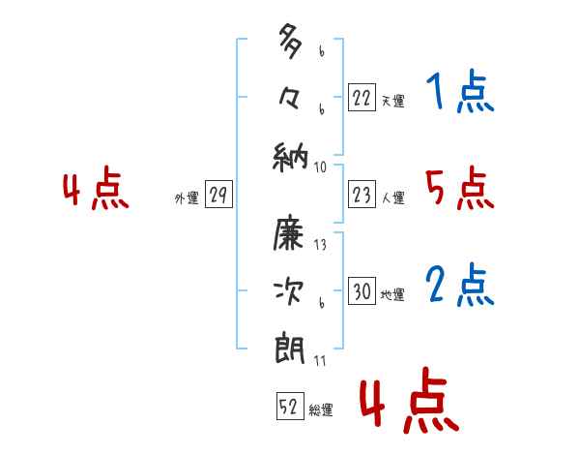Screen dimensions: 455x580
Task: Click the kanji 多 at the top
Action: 290,45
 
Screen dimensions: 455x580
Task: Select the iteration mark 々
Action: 290,100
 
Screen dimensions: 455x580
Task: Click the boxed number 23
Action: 362,196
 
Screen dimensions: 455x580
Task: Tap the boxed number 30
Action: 362,291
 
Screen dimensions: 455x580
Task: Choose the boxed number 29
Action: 217,196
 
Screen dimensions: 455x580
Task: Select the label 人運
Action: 392,198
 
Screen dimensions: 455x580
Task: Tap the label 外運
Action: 187,198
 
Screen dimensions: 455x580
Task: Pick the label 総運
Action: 321,410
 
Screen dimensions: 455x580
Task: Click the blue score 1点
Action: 459,94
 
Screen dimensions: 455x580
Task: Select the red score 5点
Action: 459,189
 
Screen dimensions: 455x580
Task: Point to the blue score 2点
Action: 459,286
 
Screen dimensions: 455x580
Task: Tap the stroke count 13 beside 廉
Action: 320,245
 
